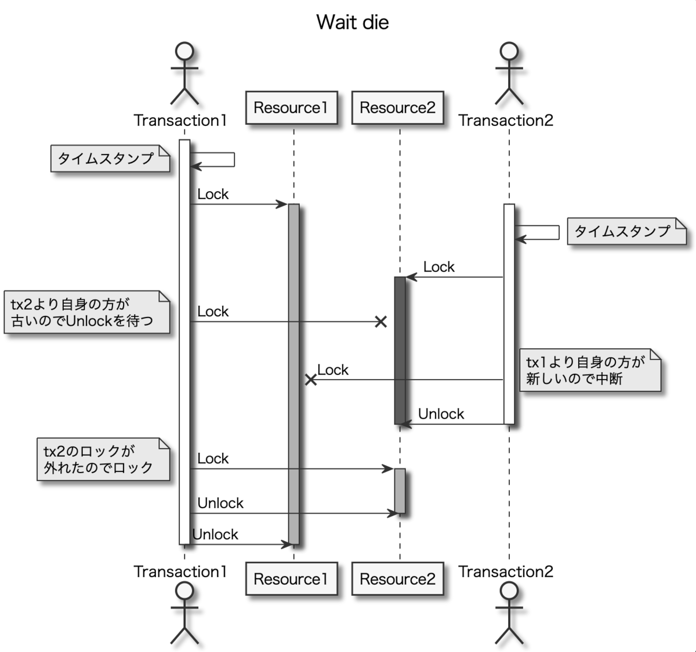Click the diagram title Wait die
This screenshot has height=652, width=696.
click(x=352, y=23)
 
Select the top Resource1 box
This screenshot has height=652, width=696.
click(x=291, y=108)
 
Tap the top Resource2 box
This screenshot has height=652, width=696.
click(x=397, y=108)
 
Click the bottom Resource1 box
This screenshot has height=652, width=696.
click(x=291, y=579)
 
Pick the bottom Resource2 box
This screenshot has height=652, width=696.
click(x=397, y=579)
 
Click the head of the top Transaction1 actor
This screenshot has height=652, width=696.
click(x=184, y=51)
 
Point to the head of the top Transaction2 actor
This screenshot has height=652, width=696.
click(x=509, y=51)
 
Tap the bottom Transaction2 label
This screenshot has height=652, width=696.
click(x=506, y=571)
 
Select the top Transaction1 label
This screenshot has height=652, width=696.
click(x=180, y=121)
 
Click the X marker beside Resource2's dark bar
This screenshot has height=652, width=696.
click(x=380, y=322)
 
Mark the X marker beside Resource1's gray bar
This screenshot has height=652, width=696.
click(x=311, y=380)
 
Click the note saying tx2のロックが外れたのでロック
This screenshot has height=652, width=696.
click(x=103, y=459)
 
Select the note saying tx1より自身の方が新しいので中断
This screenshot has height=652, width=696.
click(x=590, y=370)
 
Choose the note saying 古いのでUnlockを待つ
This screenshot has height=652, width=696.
click(x=87, y=312)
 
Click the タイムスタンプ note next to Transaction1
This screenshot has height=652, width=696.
click(x=110, y=159)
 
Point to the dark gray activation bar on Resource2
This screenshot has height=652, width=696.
click(x=400, y=348)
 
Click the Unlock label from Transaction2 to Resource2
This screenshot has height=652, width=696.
click(x=441, y=414)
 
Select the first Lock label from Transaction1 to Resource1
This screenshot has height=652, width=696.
click(x=213, y=194)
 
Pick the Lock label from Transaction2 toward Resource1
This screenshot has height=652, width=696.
click(x=333, y=370)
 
